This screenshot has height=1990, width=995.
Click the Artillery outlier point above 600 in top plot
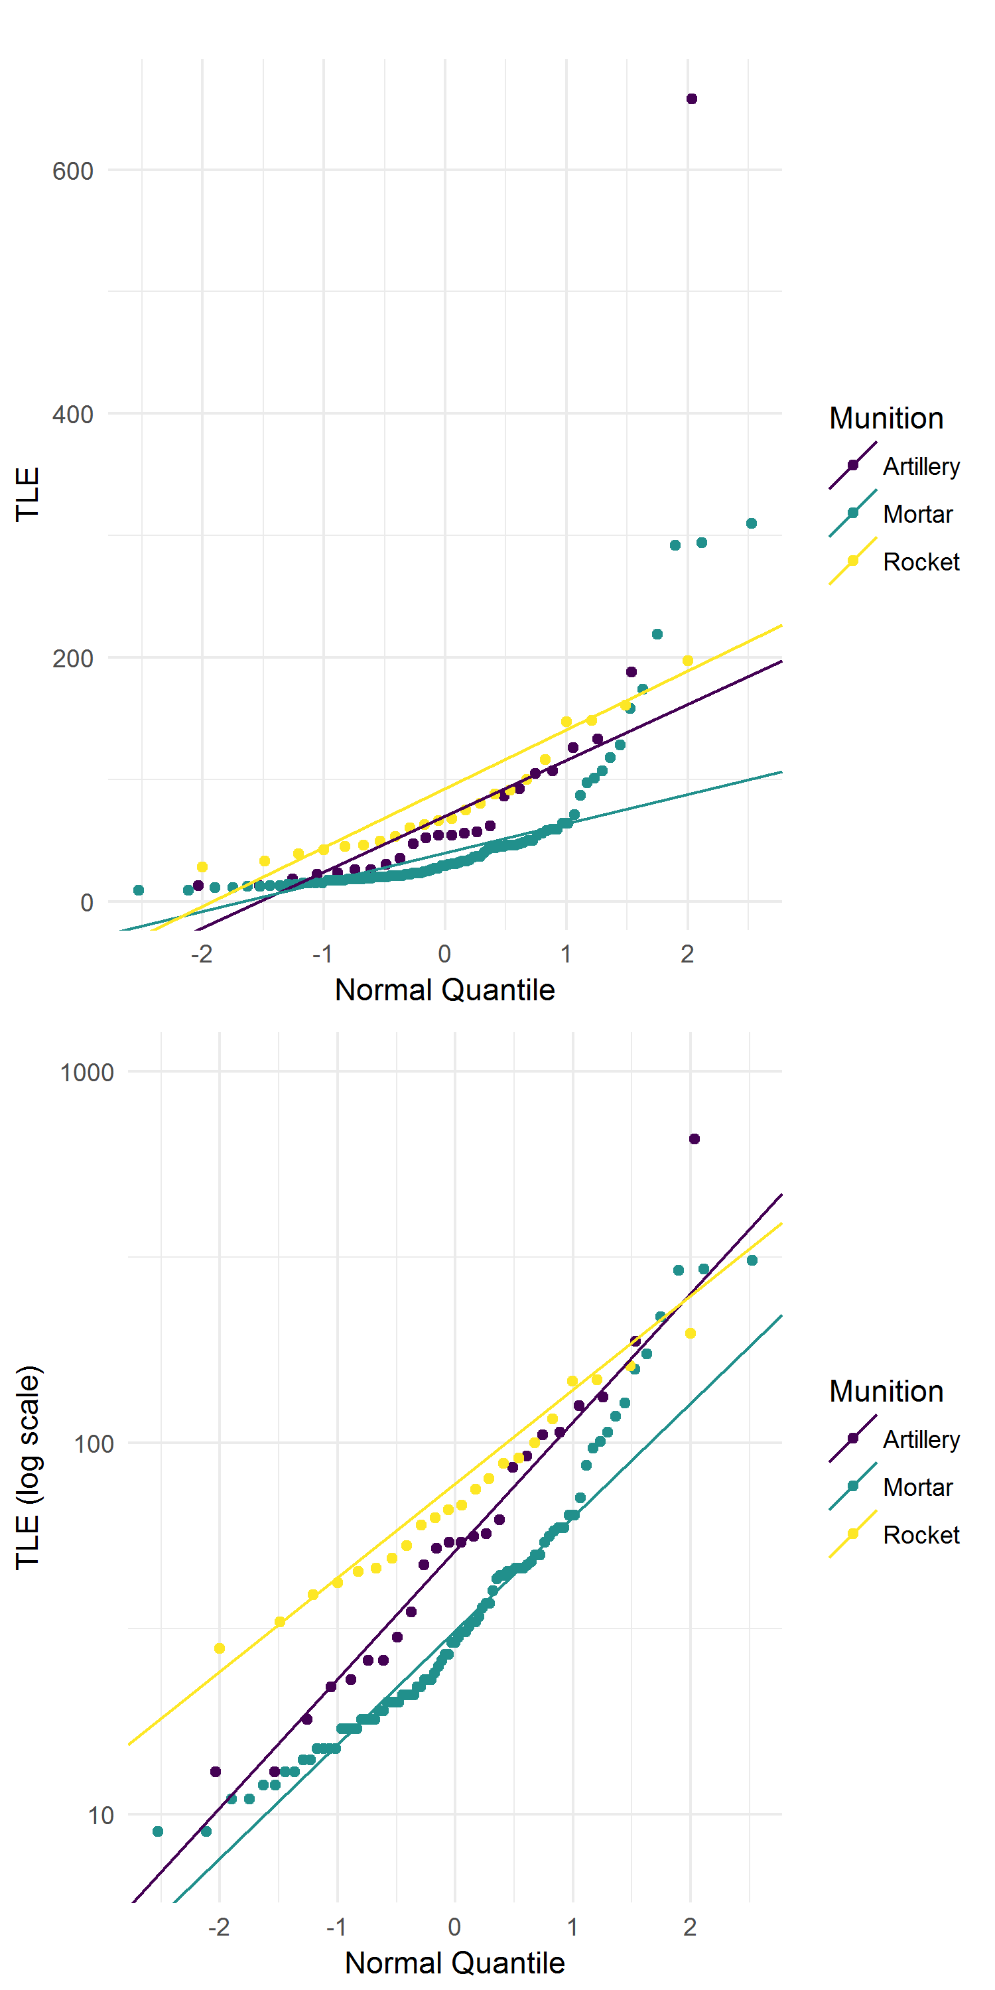click(691, 99)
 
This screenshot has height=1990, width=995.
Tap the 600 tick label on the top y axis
click(72, 170)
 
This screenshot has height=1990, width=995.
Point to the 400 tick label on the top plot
click(72, 415)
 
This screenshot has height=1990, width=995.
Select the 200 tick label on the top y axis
click(72, 659)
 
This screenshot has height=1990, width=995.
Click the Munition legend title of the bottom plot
click(886, 1391)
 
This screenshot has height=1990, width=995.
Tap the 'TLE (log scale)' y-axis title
click(28, 1468)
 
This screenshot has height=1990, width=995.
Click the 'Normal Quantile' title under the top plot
click(444, 990)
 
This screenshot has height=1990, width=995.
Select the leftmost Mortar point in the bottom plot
click(158, 1831)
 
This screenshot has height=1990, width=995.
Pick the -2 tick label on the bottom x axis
click(219, 1928)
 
